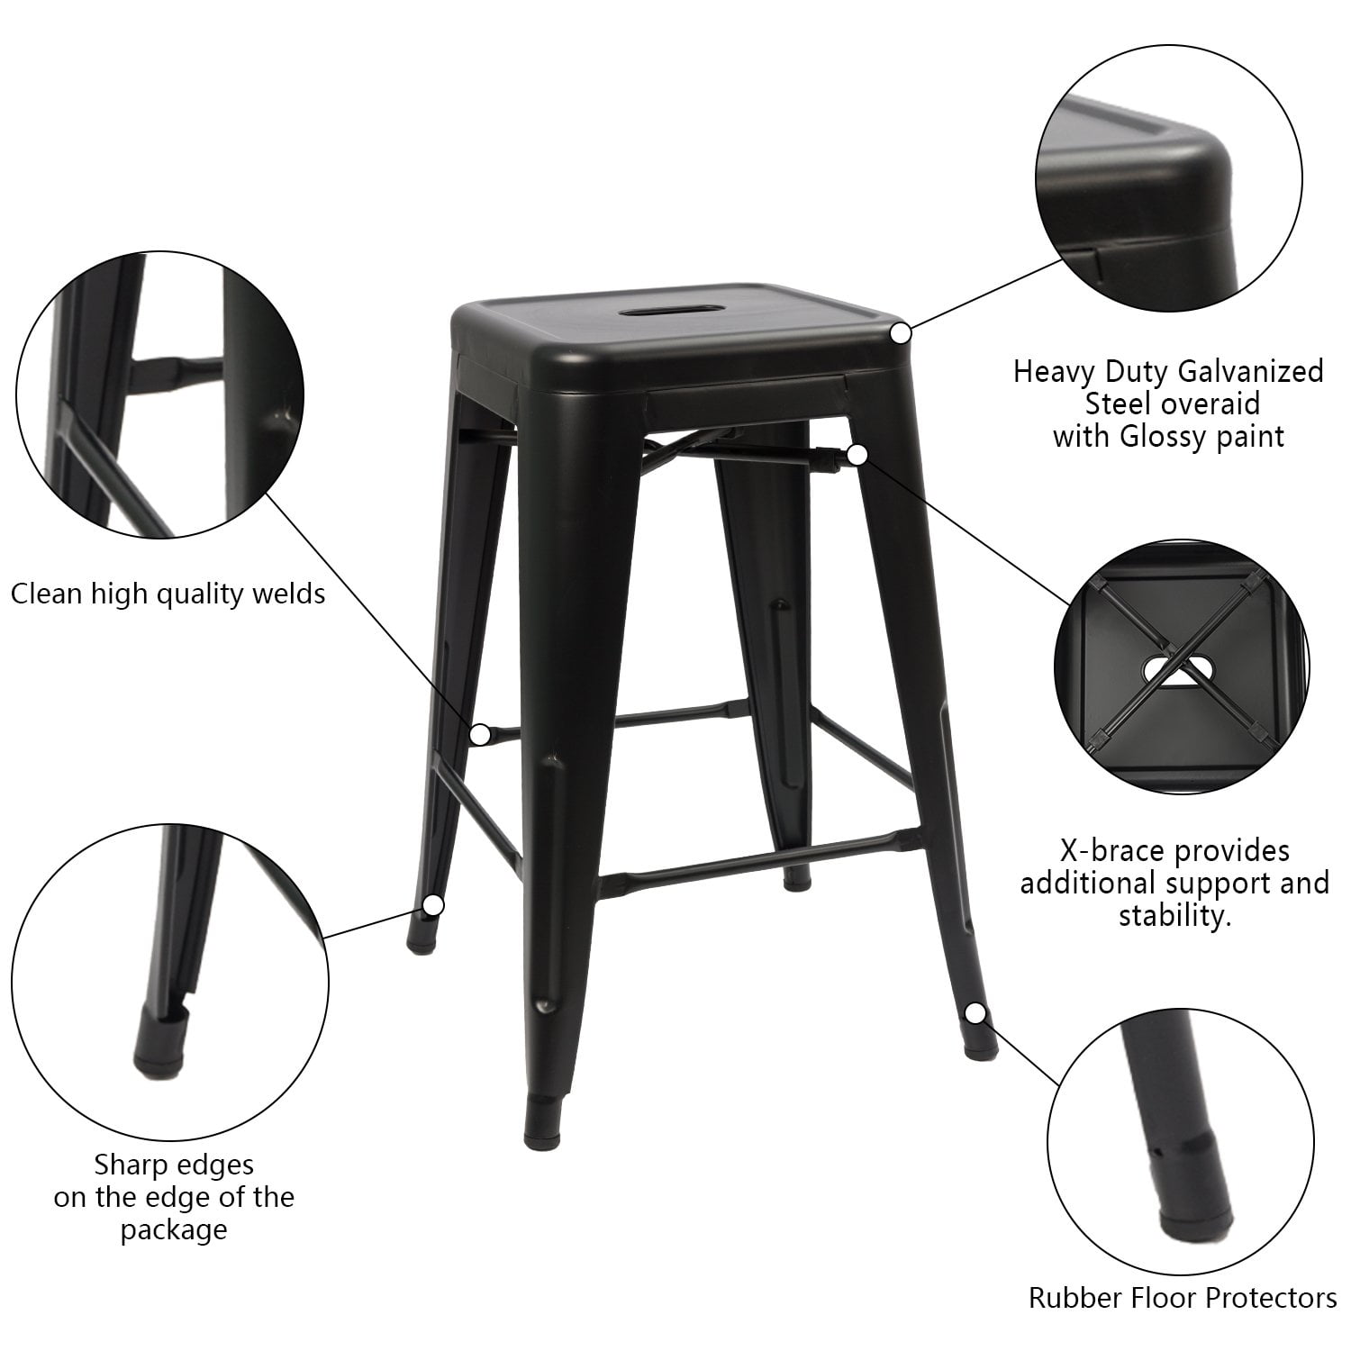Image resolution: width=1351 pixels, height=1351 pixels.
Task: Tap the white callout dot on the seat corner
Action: (901, 333)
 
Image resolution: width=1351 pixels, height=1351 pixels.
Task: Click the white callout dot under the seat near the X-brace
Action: (857, 455)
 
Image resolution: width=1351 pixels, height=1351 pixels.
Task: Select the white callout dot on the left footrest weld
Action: (482, 734)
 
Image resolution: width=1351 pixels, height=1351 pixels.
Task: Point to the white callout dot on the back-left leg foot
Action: (434, 904)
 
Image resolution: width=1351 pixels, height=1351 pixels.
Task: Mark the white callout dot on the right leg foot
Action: (975, 1013)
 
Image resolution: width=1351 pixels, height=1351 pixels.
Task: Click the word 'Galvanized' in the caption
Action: (1247, 372)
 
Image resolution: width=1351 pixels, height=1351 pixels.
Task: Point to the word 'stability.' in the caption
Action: (1174, 917)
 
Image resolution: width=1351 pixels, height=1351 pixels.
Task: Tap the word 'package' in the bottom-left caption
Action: (173, 1231)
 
